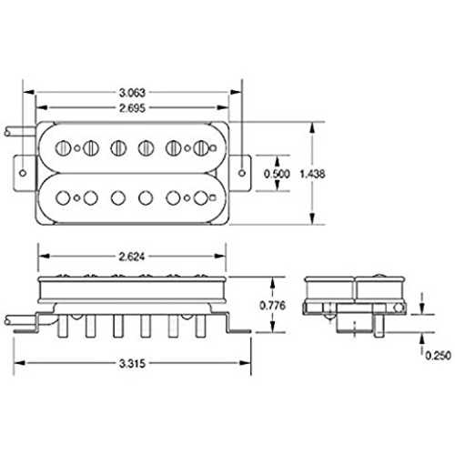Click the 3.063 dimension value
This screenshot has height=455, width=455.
coord(132,93)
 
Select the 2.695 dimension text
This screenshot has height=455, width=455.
coord(132,108)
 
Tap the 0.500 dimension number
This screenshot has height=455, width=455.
coord(277,174)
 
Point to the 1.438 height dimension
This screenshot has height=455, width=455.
coord(312,174)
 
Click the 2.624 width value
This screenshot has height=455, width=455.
coord(132,257)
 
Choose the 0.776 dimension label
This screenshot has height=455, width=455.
coord(273,305)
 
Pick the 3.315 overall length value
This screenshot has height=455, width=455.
coord(132,363)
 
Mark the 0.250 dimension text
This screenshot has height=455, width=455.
coord(438,355)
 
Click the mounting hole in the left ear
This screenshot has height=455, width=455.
coord(23,173)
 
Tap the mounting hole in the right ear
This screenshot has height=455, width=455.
coord(242,173)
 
